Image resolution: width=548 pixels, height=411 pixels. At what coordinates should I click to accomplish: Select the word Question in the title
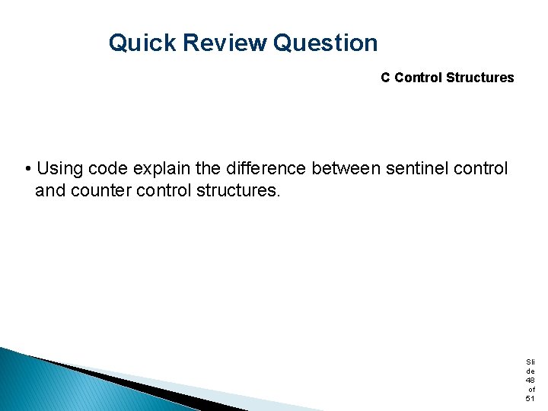click(325, 43)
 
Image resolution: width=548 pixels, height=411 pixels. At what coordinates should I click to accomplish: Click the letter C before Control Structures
click(386, 78)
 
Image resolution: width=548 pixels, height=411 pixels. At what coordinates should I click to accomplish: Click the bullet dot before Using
click(27, 168)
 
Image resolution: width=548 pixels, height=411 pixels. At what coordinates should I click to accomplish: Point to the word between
click(346, 167)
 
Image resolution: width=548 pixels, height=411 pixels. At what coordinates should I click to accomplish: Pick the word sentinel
click(416, 167)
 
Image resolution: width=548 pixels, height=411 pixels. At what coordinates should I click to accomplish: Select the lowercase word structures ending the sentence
click(238, 190)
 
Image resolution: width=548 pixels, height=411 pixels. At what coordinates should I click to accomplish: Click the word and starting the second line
click(50, 190)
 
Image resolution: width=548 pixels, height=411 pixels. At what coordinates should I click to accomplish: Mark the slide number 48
click(530, 380)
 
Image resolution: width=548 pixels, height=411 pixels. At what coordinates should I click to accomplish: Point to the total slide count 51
click(530, 399)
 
